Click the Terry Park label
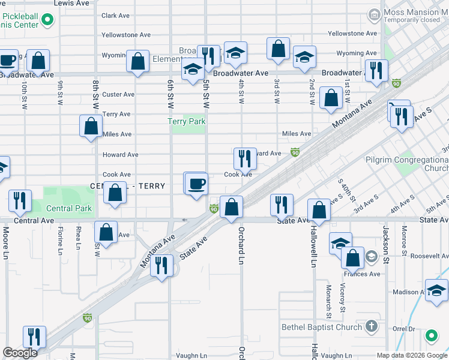click(x=187, y=121)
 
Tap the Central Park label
click(x=70, y=209)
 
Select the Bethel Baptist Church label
click(x=322, y=327)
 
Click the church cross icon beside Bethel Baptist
click(x=372, y=326)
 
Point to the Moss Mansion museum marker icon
click(x=374, y=13)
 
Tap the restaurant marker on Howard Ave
click(x=245, y=158)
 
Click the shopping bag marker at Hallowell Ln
click(x=319, y=210)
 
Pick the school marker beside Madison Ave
click(x=436, y=290)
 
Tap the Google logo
click(x=20, y=353)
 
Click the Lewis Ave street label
click(x=71, y=3)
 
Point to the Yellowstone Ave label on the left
click(x=126, y=35)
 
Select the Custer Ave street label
click(x=118, y=94)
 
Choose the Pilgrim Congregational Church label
click(x=406, y=164)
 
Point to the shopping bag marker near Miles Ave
click(x=91, y=127)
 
